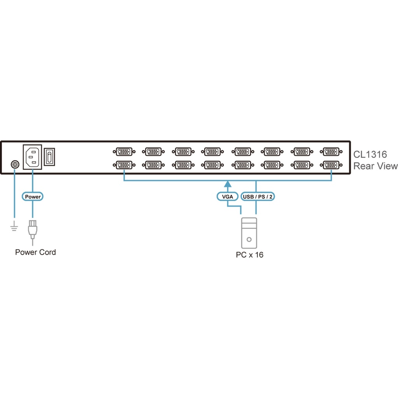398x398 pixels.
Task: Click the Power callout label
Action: (x=33, y=197)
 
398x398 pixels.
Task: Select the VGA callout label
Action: (x=227, y=197)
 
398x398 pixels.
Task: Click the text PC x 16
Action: (x=250, y=255)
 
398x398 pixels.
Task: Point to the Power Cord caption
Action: (x=35, y=252)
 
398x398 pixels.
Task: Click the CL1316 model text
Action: (x=370, y=155)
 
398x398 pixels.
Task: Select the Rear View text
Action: (x=375, y=166)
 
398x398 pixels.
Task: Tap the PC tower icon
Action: (x=249, y=233)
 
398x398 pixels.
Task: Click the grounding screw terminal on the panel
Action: (x=15, y=164)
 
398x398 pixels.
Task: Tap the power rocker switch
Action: (x=50, y=157)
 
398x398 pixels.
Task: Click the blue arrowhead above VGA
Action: (x=227, y=184)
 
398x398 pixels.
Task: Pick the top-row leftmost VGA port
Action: (x=124, y=151)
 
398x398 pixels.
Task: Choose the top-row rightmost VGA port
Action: (x=331, y=151)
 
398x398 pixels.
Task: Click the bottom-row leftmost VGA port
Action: (x=124, y=165)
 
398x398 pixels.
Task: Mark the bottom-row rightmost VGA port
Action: (x=331, y=165)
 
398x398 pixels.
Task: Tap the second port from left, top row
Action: (x=153, y=151)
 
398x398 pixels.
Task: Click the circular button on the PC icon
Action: (x=249, y=240)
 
